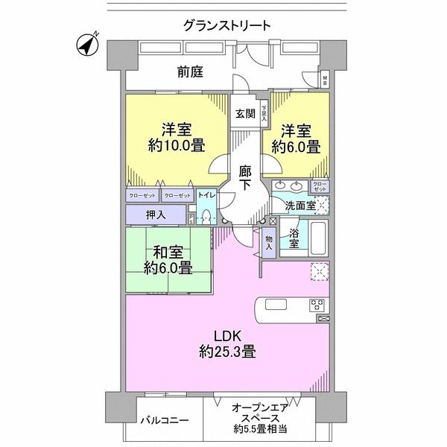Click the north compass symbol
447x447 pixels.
[x=89, y=45]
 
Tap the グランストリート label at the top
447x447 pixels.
[x=226, y=25]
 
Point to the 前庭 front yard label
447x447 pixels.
[x=191, y=73]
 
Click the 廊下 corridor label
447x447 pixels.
[x=245, y=180]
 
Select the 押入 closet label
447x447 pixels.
[x=156, y=215]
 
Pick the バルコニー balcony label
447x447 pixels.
[x=165, y=419]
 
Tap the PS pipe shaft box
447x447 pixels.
[x=191, y=219]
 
